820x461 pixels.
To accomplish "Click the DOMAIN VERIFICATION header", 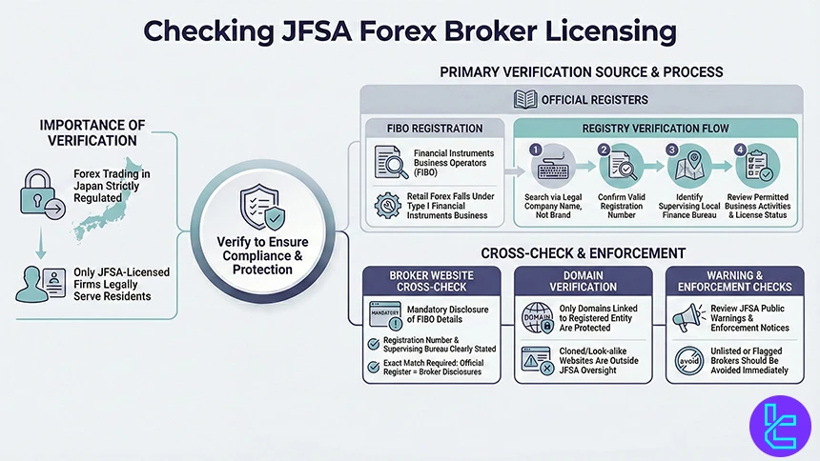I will tap(583, 279).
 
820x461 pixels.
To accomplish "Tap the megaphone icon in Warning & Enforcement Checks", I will tap(689, 317).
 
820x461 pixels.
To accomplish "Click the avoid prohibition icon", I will tap(689, 359).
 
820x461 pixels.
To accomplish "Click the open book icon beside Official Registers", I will tap(526, 98).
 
